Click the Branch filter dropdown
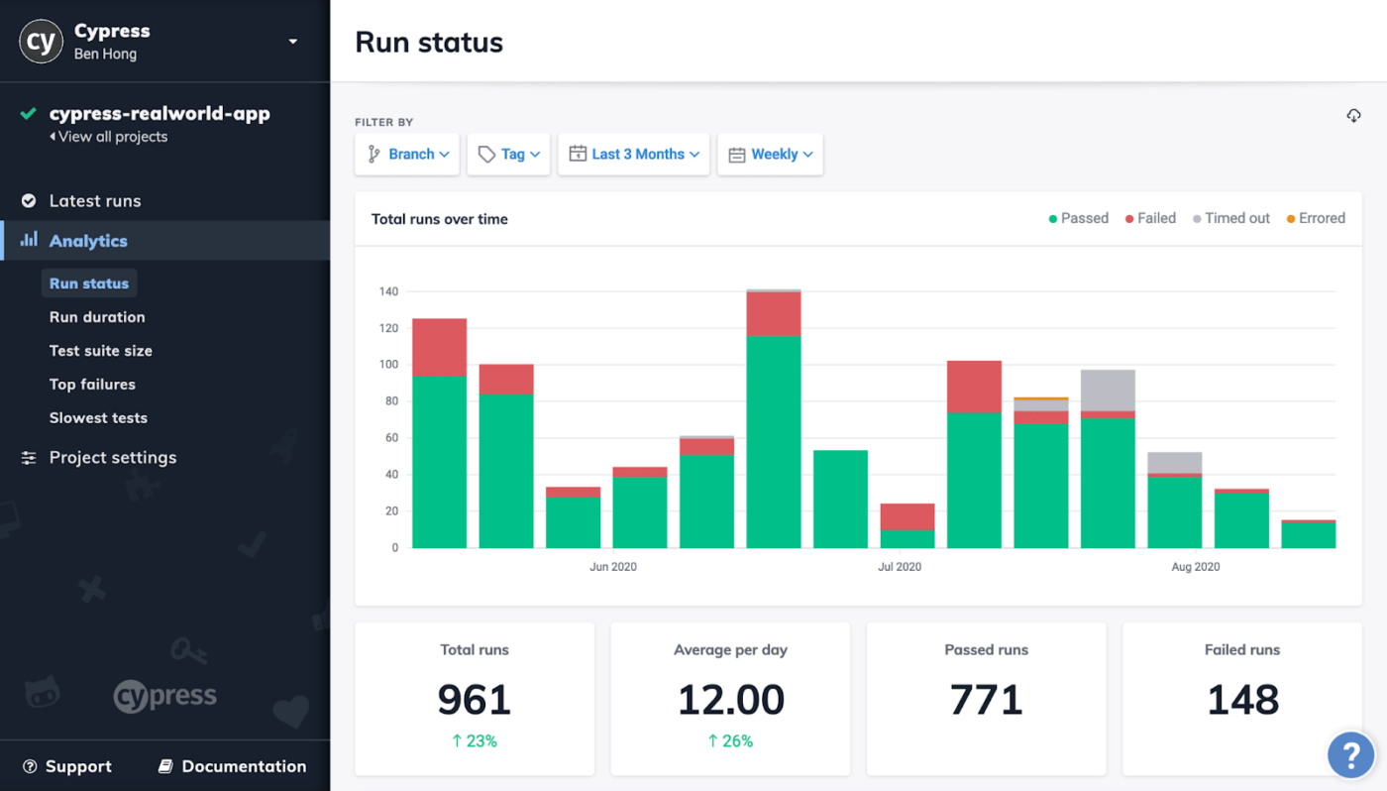[407, 155]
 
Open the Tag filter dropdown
[508, 155]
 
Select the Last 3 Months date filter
[633, 155]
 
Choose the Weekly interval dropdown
[770, 155]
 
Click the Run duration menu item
[97, 317]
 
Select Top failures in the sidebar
[92, 385]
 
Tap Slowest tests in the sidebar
[98, 418]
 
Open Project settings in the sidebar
[112, 458]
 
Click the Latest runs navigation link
[94, 201]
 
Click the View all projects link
[112, 137]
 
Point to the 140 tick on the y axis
[387, 291]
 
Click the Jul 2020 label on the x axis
[900, 567]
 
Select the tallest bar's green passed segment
[774, 441]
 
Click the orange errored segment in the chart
[1040, 398]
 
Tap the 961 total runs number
[475, 700]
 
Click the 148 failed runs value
[1242, 700]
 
